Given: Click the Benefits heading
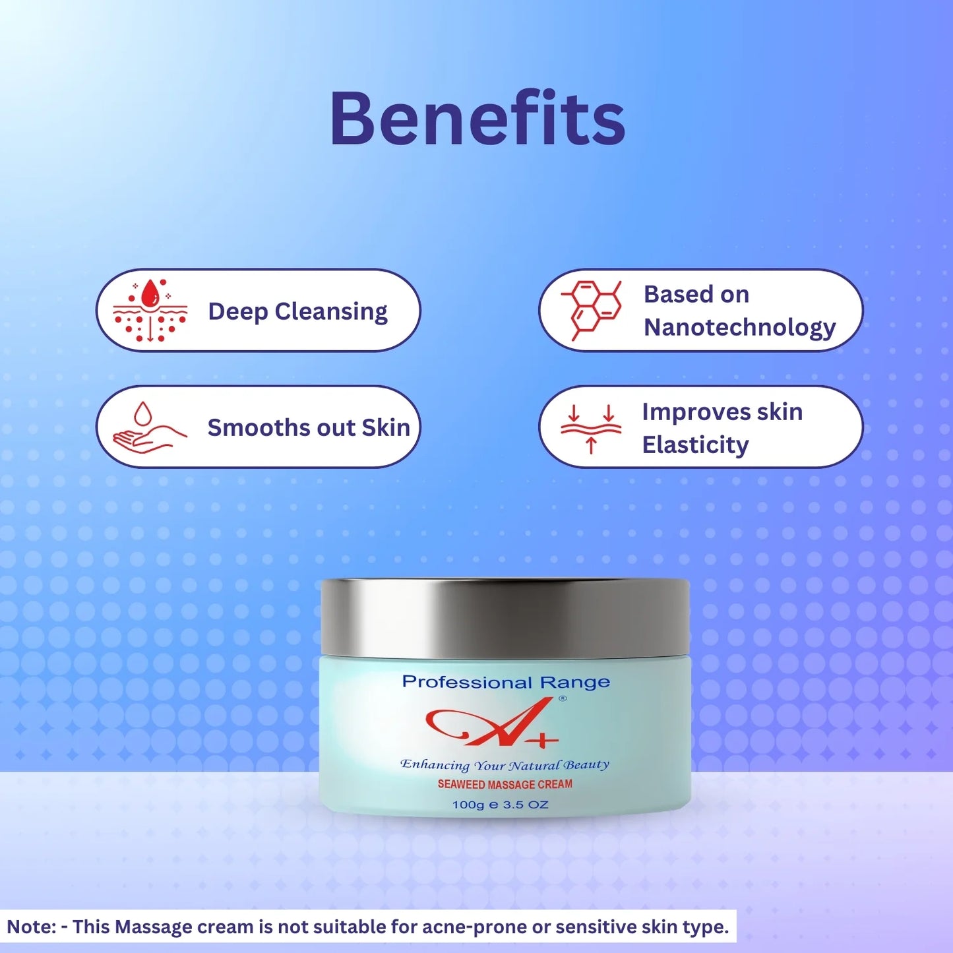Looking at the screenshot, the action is [477, 119].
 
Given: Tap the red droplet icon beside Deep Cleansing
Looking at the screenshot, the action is [150, 310].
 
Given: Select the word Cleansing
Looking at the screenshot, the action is [331, 312].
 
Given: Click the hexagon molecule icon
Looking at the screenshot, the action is [592, 310].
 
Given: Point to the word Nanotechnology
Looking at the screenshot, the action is [739, 327].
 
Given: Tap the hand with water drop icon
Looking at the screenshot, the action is [150, 427].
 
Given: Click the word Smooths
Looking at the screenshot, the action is [258, 427].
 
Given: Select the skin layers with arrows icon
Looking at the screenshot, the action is [592, 428].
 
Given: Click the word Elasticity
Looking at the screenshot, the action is [695, 445].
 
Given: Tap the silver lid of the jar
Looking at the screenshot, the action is [505, 618].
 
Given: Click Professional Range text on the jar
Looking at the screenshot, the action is [506, 682].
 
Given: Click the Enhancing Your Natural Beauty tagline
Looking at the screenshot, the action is [505, 765].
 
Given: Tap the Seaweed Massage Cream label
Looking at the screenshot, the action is [505, 784].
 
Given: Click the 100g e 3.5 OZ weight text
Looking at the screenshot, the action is [500, 805].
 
